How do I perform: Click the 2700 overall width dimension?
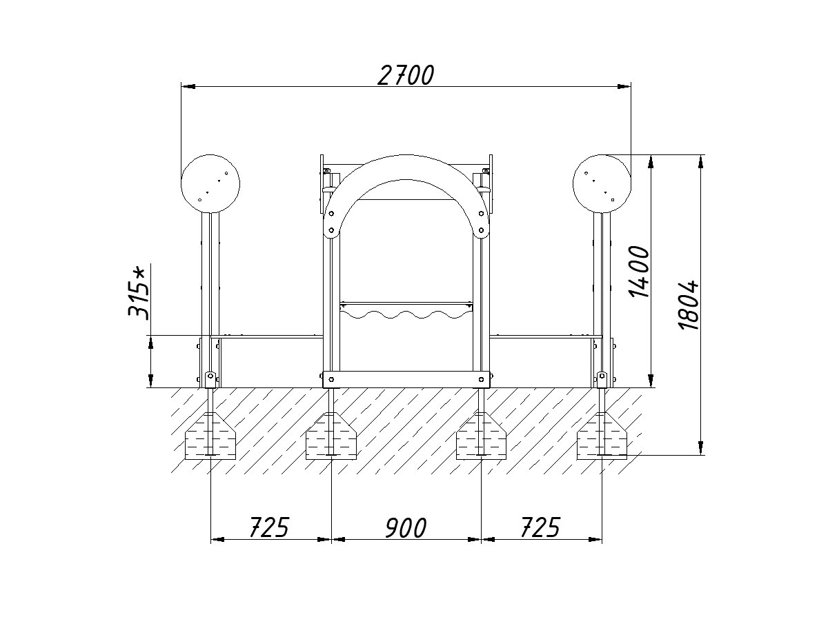click(x=406, y=75)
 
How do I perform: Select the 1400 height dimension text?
click(x=640, y=272)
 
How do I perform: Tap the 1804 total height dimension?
click(x=689, y=305)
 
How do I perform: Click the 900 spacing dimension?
click(x=406, y=527)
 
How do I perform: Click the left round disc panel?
click(x=210, y=183)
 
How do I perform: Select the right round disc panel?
click(x=602, y=183)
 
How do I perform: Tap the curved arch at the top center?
click(x=406, y=168)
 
